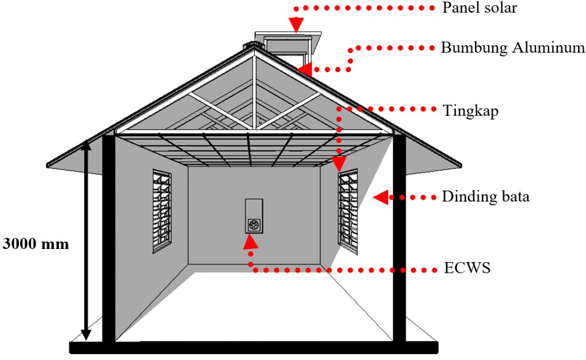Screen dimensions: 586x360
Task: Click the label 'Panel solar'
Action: click(480, 7)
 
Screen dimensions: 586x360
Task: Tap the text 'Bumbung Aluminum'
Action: click(513, 48)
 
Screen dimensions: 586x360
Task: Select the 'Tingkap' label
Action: click(470, 111)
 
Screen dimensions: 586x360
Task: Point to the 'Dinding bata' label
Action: click(485, 197)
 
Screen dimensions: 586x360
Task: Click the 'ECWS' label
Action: click(467, 268)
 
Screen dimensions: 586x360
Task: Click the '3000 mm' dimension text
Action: click(36, 244)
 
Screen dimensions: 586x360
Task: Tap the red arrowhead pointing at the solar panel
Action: click(296, 25)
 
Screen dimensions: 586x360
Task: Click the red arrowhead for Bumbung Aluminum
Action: click(305, 69)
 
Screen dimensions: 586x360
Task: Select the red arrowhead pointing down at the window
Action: click(339, 164)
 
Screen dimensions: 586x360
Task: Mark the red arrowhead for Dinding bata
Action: click(381, 197)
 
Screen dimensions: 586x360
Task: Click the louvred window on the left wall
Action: click(162, 211)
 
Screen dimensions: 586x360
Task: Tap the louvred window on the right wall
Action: click(348, 212)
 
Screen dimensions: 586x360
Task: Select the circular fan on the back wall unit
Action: click(254, 225)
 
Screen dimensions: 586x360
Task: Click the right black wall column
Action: click(399, 238)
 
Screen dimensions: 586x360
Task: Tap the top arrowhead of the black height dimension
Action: click(86, 145)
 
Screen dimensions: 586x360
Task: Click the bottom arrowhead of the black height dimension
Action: click(86, 334)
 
